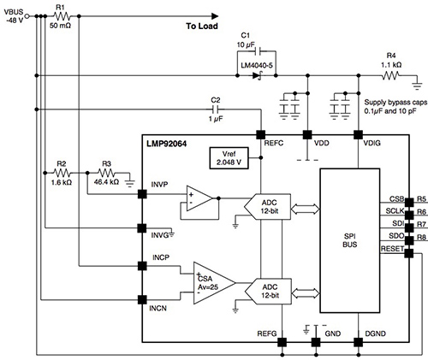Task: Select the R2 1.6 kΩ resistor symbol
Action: [61, 174]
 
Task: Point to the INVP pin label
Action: [159, 185]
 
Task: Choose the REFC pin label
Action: [273, 145]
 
